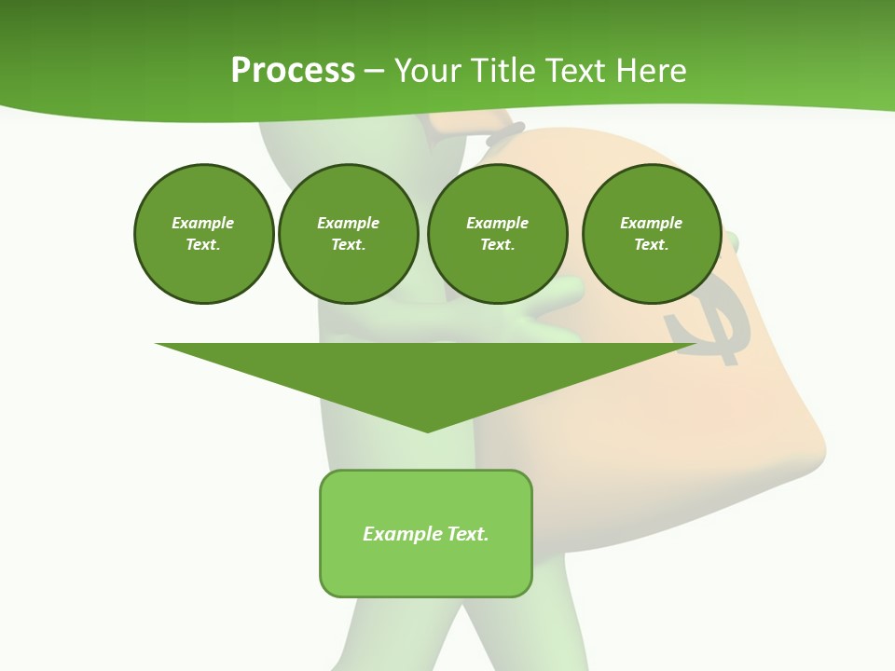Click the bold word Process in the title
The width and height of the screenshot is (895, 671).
click(293, 71)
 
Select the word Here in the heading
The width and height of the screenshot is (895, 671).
click(651, 71)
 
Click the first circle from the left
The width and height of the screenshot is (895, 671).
click(203, 234)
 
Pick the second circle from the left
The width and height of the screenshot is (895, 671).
click(349, 234)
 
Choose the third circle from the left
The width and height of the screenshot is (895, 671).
click(497, 234)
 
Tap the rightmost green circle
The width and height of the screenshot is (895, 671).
click(652, 234)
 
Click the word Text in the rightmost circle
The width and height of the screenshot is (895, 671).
click(651, 245)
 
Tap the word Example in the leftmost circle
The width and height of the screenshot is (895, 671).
click(203, 223)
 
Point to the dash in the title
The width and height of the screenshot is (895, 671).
click(375, 71)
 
